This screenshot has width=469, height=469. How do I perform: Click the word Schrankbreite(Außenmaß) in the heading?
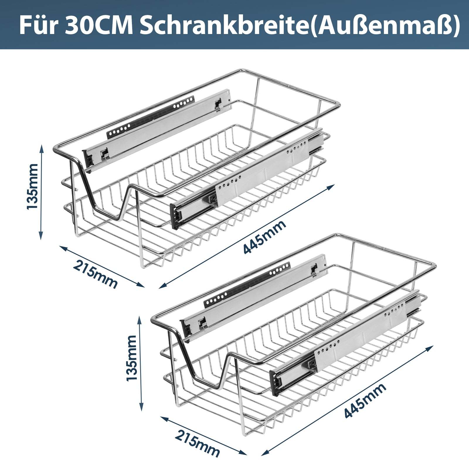click(299, 26)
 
